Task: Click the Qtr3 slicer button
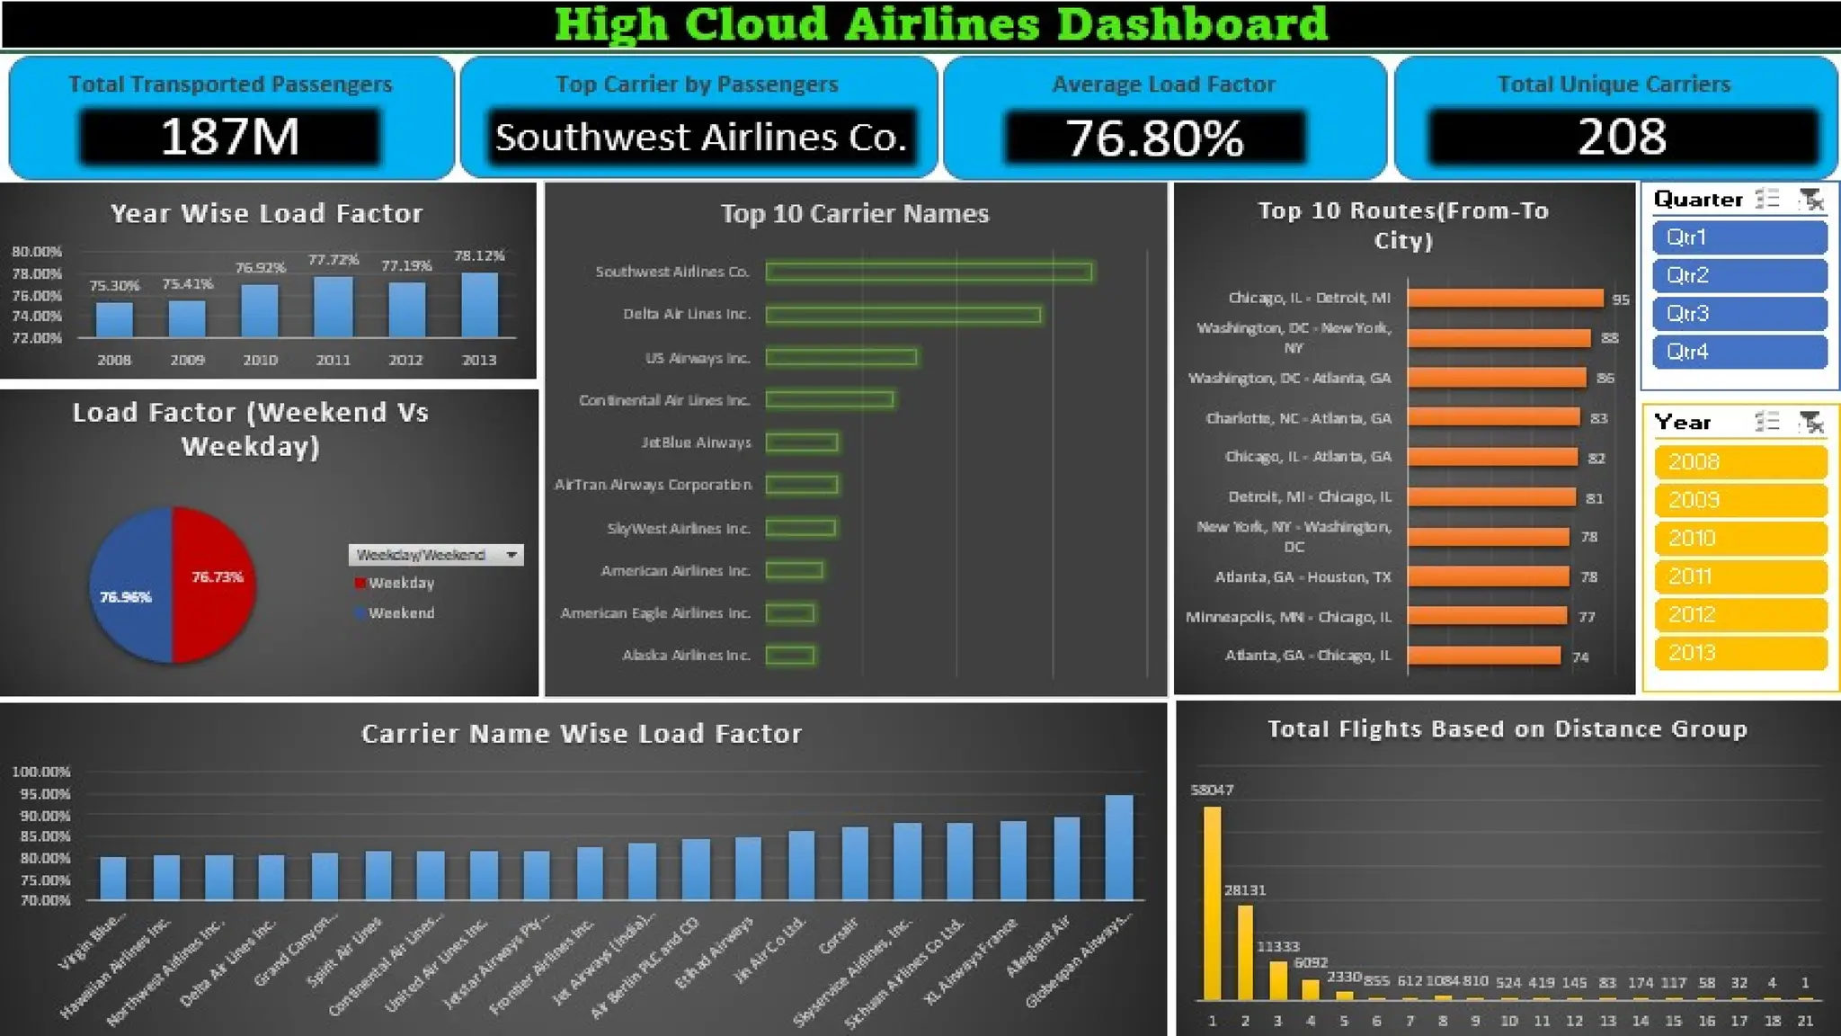(1739, 314)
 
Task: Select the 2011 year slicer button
(1739, 576)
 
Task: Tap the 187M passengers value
(230, 137)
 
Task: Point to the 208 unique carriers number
(1622, 137)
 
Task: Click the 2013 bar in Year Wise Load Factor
(479, 306)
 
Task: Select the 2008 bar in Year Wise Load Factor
(114, 320)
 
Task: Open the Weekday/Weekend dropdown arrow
(511, 555)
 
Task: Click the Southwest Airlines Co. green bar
(929, 272)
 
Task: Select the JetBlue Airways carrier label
(696, 442)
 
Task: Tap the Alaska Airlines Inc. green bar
(790, 656)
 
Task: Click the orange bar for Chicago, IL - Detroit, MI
(1505, 298)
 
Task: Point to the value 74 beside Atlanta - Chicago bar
(1580, 657)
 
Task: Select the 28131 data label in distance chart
(1245, 889)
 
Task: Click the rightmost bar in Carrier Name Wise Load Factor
(1119, 847)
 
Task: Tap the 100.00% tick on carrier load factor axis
(41, 772)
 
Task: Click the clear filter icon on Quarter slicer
(1811, 200)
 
